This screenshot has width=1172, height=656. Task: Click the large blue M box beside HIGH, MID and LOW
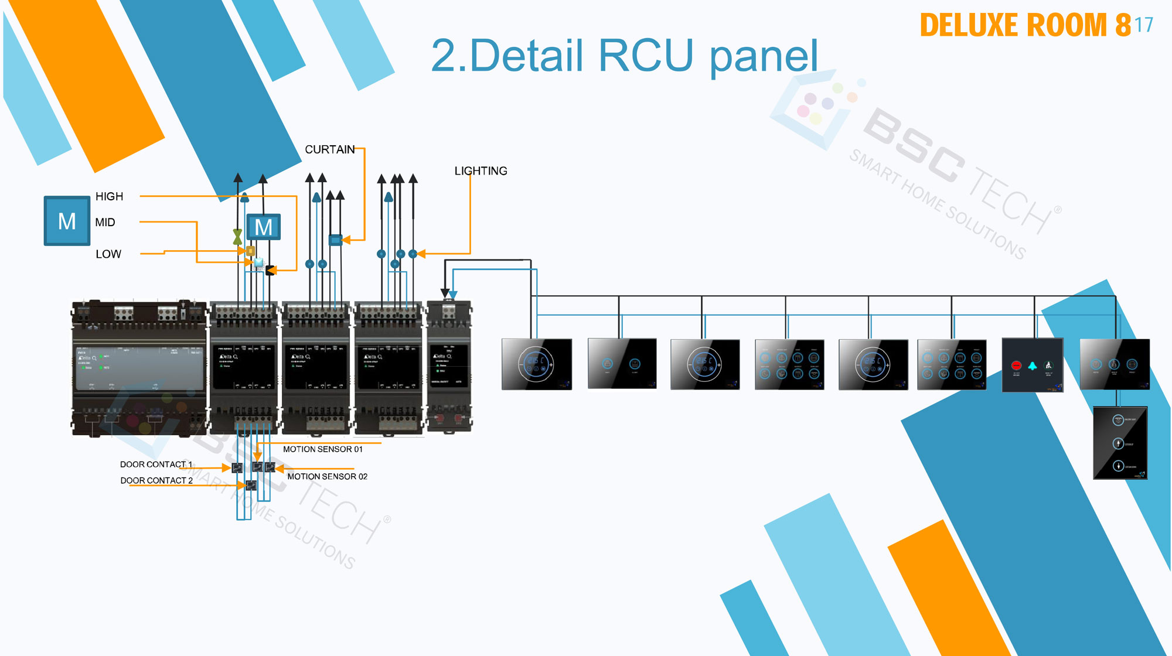tap(67, 221)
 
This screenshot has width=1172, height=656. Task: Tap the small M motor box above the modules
tap(263, 227)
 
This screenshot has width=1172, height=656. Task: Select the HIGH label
tap(109, 196)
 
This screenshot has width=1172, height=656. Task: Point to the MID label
tap(105, 222)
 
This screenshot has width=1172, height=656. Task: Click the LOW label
tap(108, 254)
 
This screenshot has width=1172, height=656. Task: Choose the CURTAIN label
tap(329, 149)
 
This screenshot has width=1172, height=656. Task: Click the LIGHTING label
tap(481, 171)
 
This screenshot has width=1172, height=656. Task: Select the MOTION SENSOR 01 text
tap(322, 449)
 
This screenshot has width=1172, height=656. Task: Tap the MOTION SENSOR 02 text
tap(327, 476)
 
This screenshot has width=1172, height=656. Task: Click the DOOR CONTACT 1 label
tap(156, 464)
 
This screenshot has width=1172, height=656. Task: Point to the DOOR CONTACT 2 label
tap(156, 480)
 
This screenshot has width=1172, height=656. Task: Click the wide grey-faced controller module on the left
tap(139, 369)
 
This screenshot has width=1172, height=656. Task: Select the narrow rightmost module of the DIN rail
tap(449, 366)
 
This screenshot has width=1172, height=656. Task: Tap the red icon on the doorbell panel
tap(1016, 365)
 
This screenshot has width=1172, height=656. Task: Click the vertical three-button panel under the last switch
tap(1120, 443)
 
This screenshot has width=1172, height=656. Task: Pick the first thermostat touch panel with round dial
tap(536, 364)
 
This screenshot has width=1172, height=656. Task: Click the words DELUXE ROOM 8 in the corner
tap(1025, 25)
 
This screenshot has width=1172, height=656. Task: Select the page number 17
tap(1144, 25)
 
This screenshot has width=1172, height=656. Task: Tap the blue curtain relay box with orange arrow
tap(335, 240)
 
